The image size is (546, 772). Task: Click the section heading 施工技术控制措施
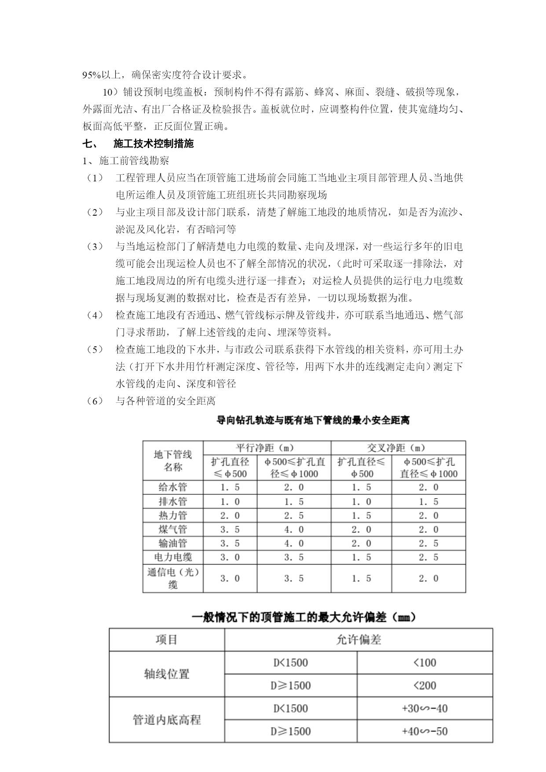point(153,144)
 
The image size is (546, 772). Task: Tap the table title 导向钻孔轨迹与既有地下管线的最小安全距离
point(313,420)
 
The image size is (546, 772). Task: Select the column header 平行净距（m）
point(267,448)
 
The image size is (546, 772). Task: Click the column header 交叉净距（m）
point(398,448)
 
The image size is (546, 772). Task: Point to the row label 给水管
point(173,487)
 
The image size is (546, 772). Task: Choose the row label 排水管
point(173,501)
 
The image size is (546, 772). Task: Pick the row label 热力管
point(173,515)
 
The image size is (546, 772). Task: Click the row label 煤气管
point(173,529)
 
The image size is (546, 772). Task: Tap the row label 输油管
point(173,543)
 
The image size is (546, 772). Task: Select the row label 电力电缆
point(173,557)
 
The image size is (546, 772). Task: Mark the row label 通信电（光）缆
point(173,578)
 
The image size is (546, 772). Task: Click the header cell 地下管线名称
point(173,461)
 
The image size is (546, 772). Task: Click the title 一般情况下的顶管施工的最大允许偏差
point(304,618)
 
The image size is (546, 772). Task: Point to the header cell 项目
point(167,640)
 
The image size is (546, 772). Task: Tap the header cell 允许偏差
point(358,640)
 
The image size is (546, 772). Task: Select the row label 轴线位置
point(167,674)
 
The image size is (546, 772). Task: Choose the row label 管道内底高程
point(167,720)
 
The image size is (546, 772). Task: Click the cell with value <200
point(425,685)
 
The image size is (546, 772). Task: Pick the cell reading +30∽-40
point(425,708)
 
